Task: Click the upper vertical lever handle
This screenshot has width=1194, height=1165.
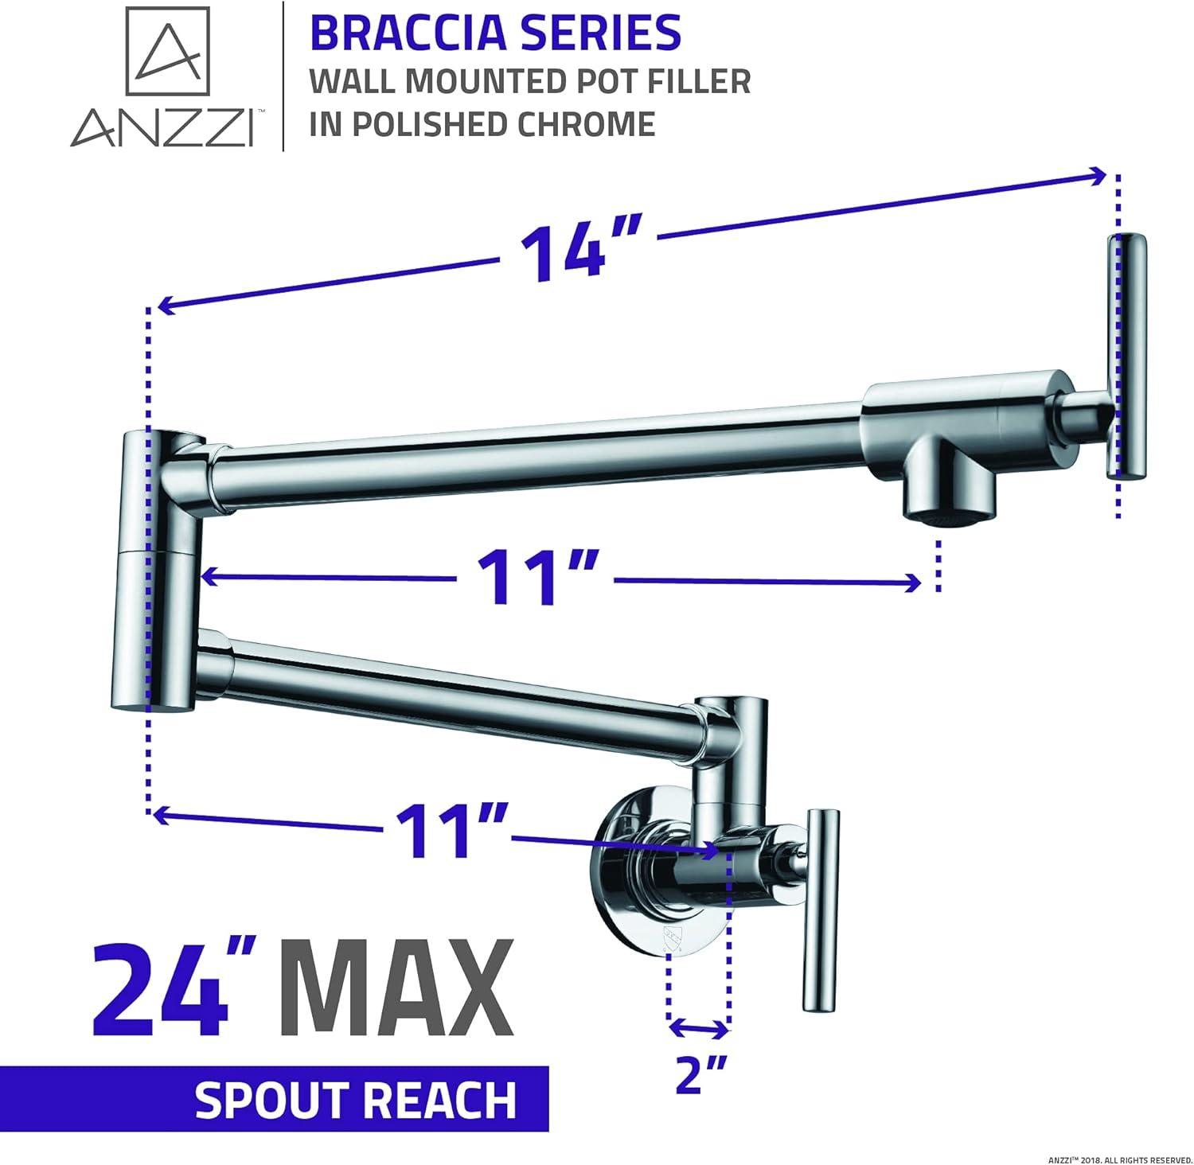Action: coord(1127,356)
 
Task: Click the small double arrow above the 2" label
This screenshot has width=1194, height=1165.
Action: coord(698,1028)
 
